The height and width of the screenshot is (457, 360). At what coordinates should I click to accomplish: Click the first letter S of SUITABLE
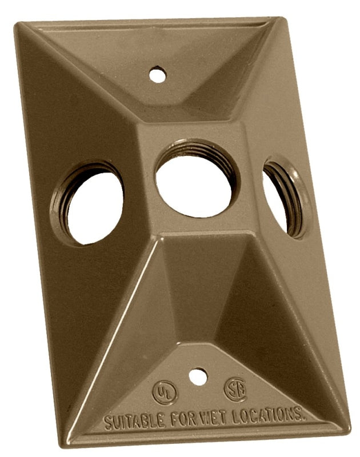(x=108, y=424)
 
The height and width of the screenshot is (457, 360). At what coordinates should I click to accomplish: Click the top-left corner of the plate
(x=17, y=25)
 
